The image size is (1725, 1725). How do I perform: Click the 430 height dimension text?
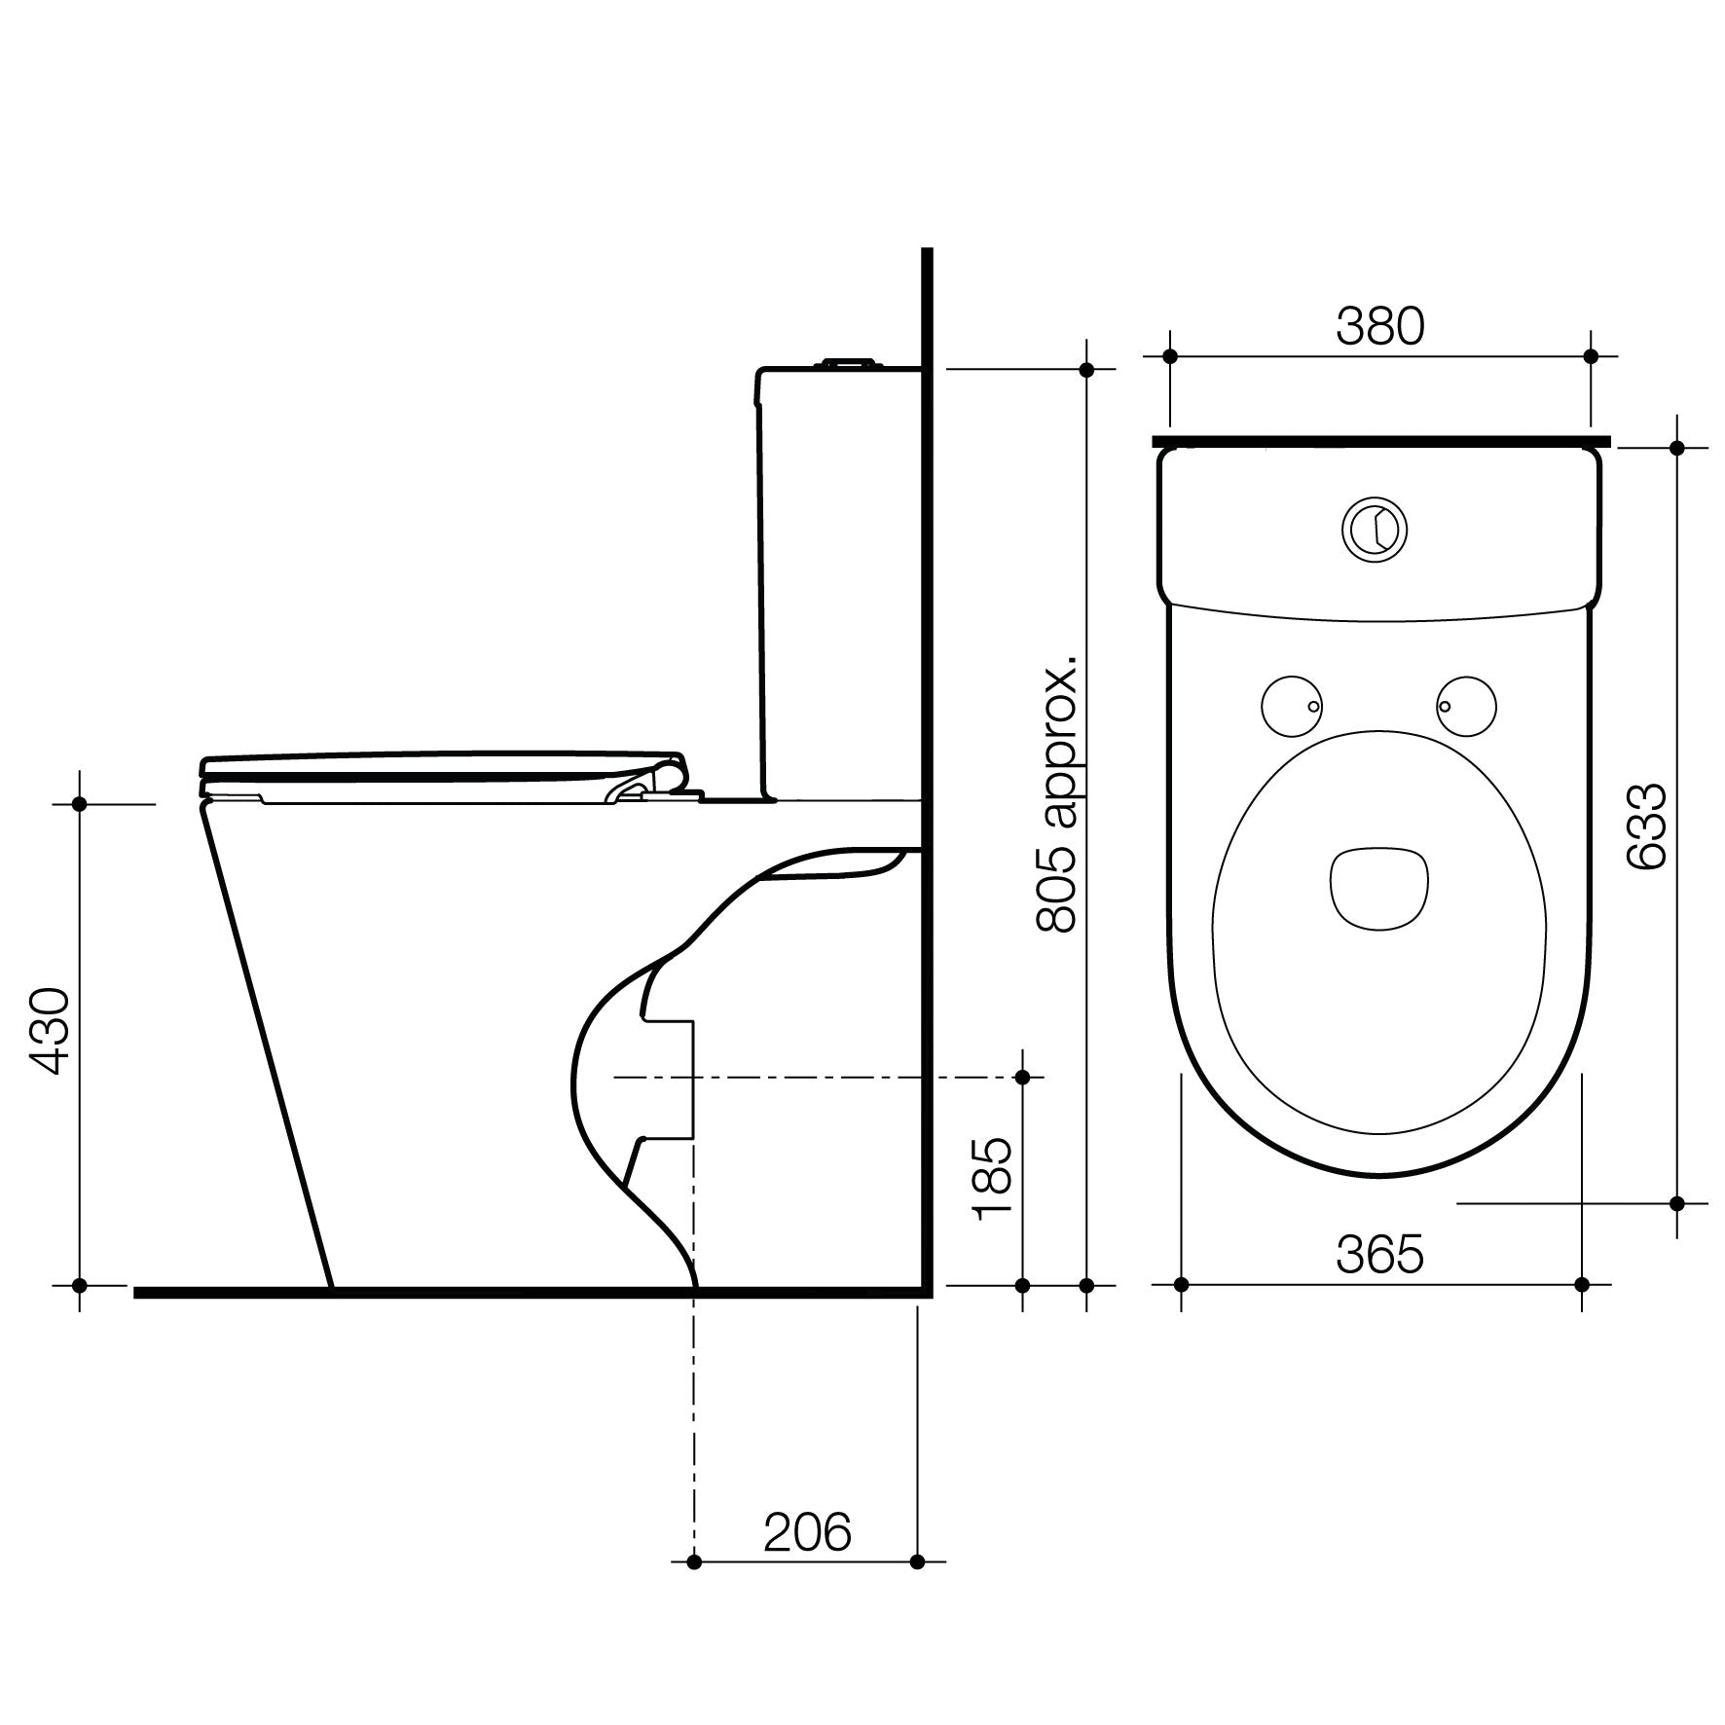click(x=47, y=1031)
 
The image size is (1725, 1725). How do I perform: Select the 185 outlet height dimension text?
click(x=992, y=1179)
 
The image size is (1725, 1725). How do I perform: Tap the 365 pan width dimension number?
click(x=1379, y=1255)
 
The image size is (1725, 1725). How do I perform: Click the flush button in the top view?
click(x=1376, y=530)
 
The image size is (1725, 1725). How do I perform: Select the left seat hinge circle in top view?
click(x=1291, y=705)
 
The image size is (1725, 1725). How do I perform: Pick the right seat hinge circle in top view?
click(x=1466, y=705)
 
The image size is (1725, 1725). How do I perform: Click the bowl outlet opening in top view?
click(x=1378, y=886)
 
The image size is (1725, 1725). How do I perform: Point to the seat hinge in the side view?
click(x=662, y=781)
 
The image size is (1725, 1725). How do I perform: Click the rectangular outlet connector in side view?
click(x=670, y=1079)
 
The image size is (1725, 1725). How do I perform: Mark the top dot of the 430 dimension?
click(x=81, y=804)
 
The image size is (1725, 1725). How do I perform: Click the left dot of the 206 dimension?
click(x=693, y=1590)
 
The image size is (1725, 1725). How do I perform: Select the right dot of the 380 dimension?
click(x=1592, y=357)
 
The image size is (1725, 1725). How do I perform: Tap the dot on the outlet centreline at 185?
click(x=1022, y=1077)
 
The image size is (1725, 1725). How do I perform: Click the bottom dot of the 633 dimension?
click(x=1676, y=1203)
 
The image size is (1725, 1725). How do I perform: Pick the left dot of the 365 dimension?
click(x=1182, y=1284)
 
